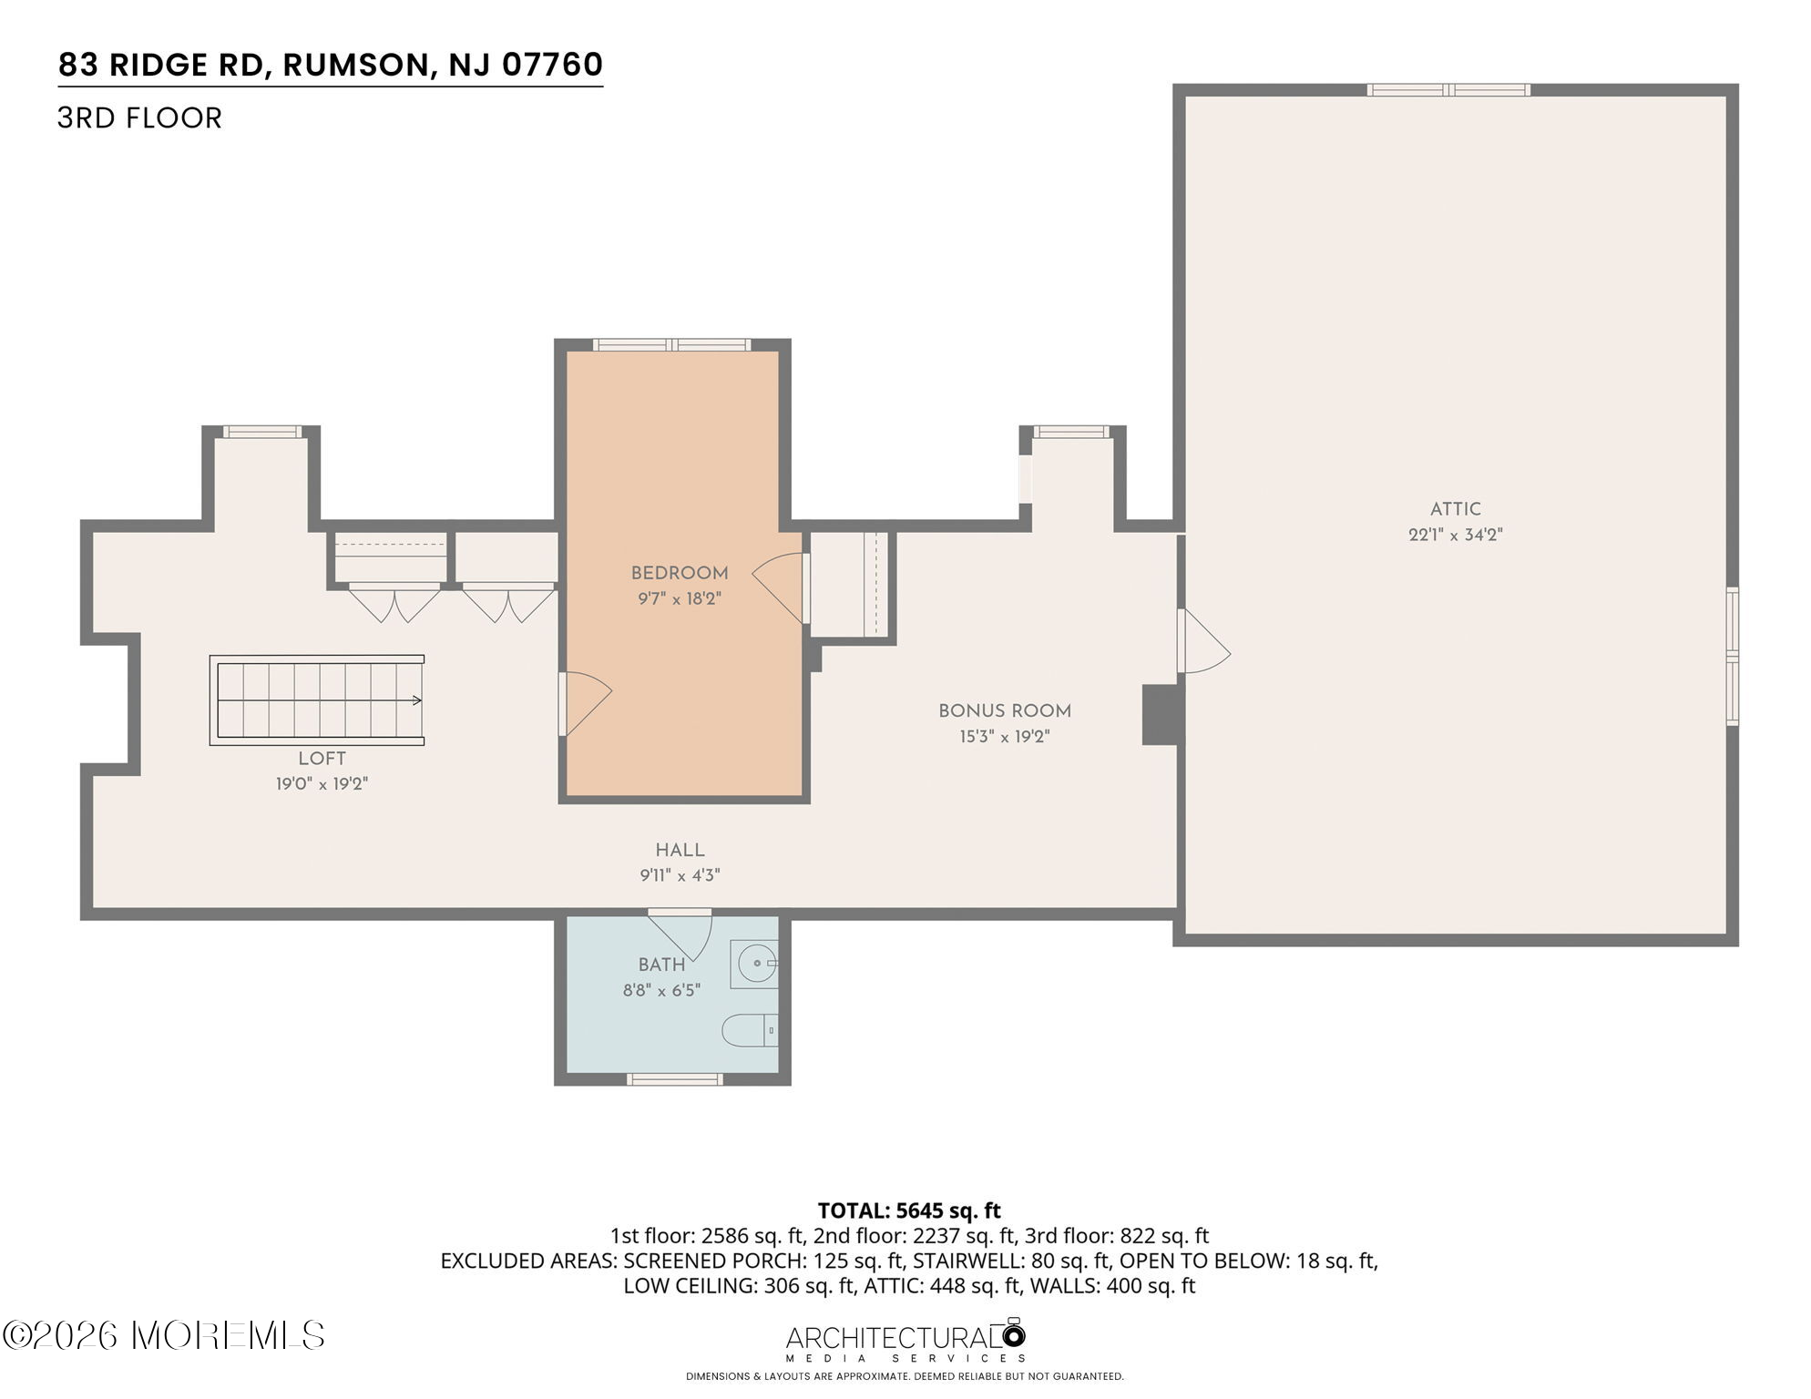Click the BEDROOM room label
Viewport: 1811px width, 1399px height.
point(680,573)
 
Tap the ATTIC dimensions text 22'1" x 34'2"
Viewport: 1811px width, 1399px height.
point(1455,535)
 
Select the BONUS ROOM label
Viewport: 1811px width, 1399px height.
point(1005,710)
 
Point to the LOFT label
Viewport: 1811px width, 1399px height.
point(322,758)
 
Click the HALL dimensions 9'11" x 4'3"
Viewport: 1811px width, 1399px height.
point(680,875)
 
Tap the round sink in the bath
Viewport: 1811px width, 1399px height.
point(756,964)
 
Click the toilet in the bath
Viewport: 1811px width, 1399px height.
point(750,1031)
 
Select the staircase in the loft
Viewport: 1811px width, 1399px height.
point(317,699)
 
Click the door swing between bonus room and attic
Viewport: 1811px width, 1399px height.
point(1204,641)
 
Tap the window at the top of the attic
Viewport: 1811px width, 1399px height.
point(1448,89)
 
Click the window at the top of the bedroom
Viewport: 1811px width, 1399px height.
point(672,344)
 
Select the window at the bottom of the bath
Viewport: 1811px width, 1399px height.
point(675,1079)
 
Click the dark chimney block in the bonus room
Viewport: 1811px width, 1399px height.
point(1160,714)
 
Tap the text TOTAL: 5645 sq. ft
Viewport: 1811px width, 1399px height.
point(909,1210)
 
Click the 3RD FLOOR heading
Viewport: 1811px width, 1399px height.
point(139,118)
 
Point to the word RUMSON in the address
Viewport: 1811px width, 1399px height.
point(355,65)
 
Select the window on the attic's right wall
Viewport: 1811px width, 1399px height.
point(1732,656)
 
